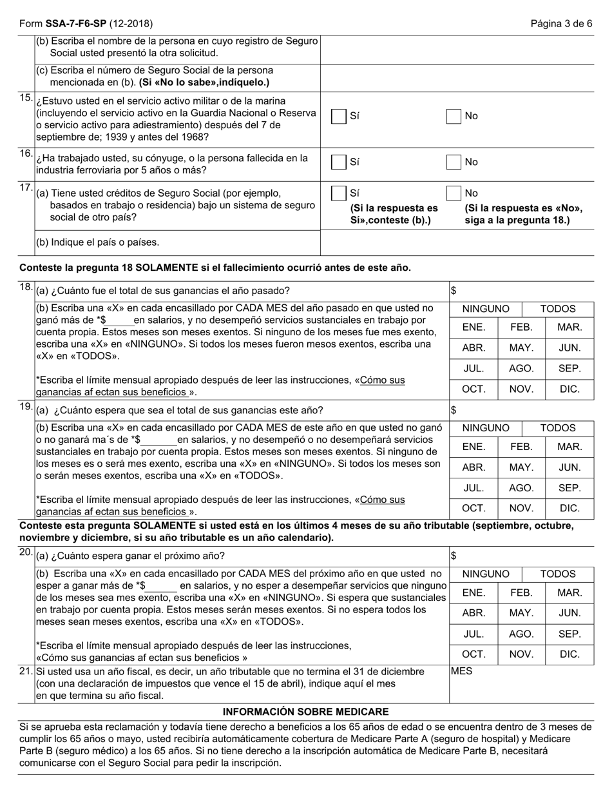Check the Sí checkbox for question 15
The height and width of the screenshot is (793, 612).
338,116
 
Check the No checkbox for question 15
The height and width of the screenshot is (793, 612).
454,116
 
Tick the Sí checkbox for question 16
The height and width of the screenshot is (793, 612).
338,162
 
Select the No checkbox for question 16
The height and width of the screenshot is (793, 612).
454,162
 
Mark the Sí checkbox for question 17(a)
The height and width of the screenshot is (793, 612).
338,193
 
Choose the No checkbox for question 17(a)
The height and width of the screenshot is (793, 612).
454,193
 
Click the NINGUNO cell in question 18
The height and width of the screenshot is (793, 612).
486,309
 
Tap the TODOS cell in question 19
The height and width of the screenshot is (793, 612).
557,428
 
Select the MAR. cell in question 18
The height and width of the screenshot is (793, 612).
569,328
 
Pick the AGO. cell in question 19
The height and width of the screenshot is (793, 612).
521,488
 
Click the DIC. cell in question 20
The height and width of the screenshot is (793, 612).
569,654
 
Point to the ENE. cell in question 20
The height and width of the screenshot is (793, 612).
473,592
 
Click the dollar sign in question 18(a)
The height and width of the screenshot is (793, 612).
454,291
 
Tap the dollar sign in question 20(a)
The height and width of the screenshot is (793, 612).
454,556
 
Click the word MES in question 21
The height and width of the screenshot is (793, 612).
461,671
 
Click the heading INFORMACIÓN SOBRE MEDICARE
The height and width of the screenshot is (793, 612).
305,712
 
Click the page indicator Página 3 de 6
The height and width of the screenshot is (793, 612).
561,24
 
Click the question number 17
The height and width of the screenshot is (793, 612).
26,188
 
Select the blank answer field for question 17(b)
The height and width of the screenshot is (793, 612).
457,243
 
